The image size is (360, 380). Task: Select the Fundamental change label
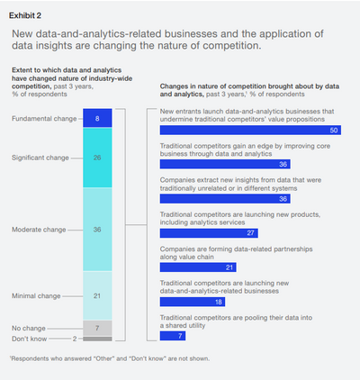[43, 118]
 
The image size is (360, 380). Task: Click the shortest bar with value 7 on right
[172, 336]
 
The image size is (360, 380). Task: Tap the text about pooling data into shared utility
[234, 321]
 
